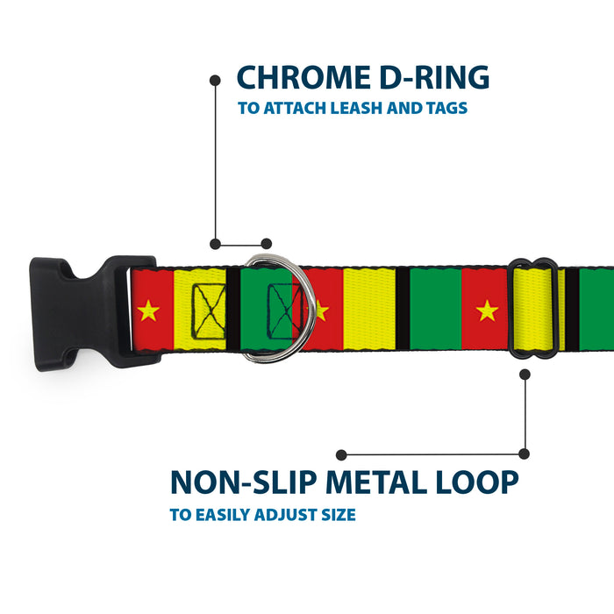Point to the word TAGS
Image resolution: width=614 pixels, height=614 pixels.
click(x=444, y=109)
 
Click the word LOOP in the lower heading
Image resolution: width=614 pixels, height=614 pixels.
click(x=479, y=482)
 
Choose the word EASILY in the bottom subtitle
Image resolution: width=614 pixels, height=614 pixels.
click(x=225, y=515)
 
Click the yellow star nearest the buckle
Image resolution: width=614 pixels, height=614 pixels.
click(x=148, y=310)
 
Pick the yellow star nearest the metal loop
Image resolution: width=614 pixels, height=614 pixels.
click(x=487, y=310)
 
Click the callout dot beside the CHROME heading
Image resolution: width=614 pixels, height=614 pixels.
click(x=215, y=80)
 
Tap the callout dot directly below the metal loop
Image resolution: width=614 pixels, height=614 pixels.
click(x=525, y=375)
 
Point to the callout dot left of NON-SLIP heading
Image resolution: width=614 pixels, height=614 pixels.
click(x=341, y=454)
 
